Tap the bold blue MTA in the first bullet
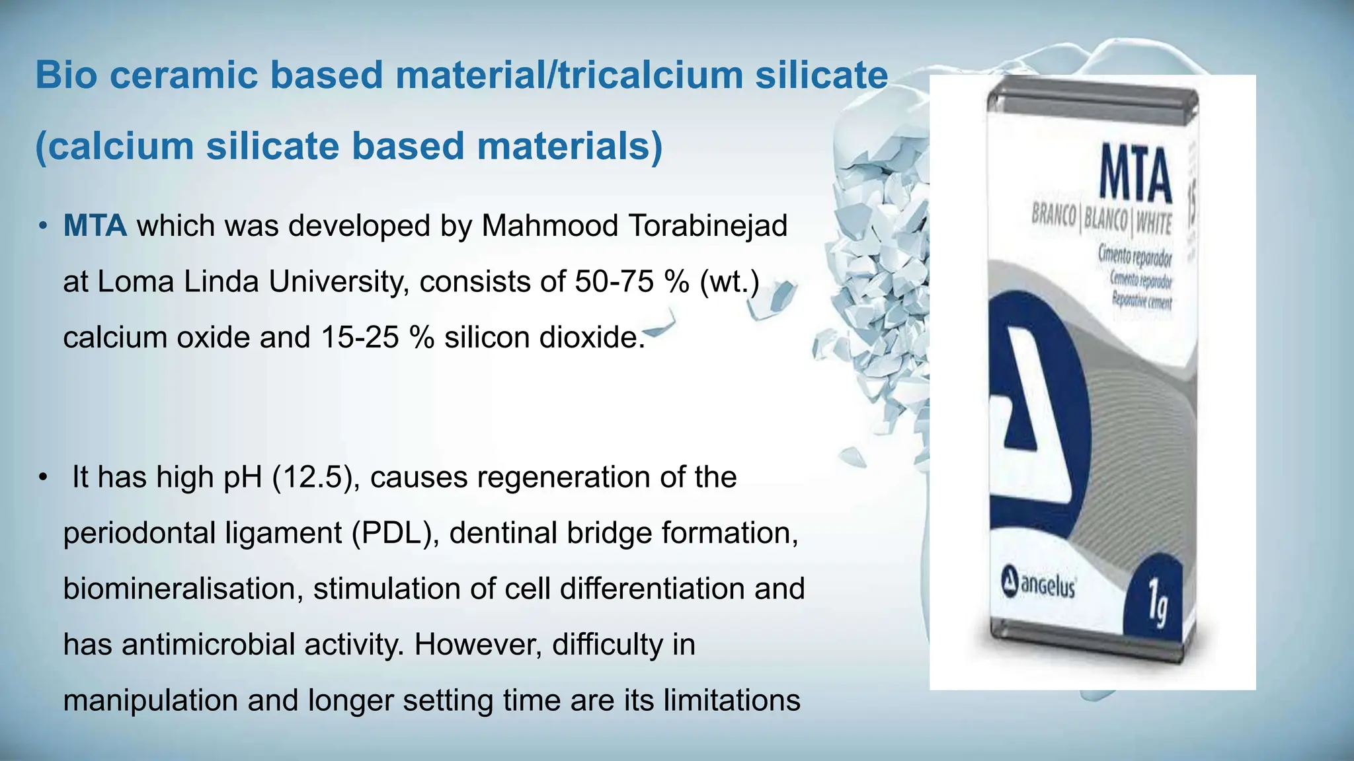click(x=95, y=226)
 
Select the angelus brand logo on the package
click(x=1038, y=586)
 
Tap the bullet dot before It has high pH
click(x=43, y=478)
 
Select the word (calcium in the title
click(x=114, y=146)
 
